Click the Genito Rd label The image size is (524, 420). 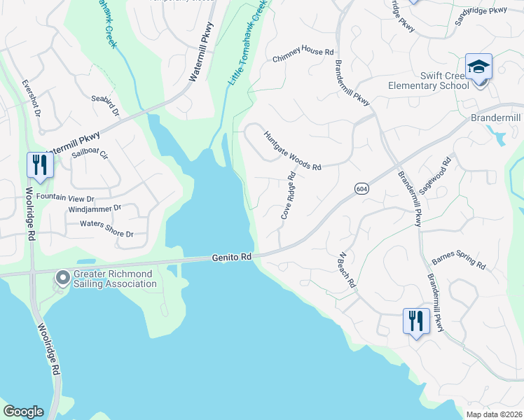point(231,258)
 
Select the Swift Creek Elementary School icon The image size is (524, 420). point(479,68)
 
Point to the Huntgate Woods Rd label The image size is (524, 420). point(292,150)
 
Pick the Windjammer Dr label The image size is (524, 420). point(95,209)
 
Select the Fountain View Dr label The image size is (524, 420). point(65,197)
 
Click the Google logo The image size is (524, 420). point(23,412)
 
